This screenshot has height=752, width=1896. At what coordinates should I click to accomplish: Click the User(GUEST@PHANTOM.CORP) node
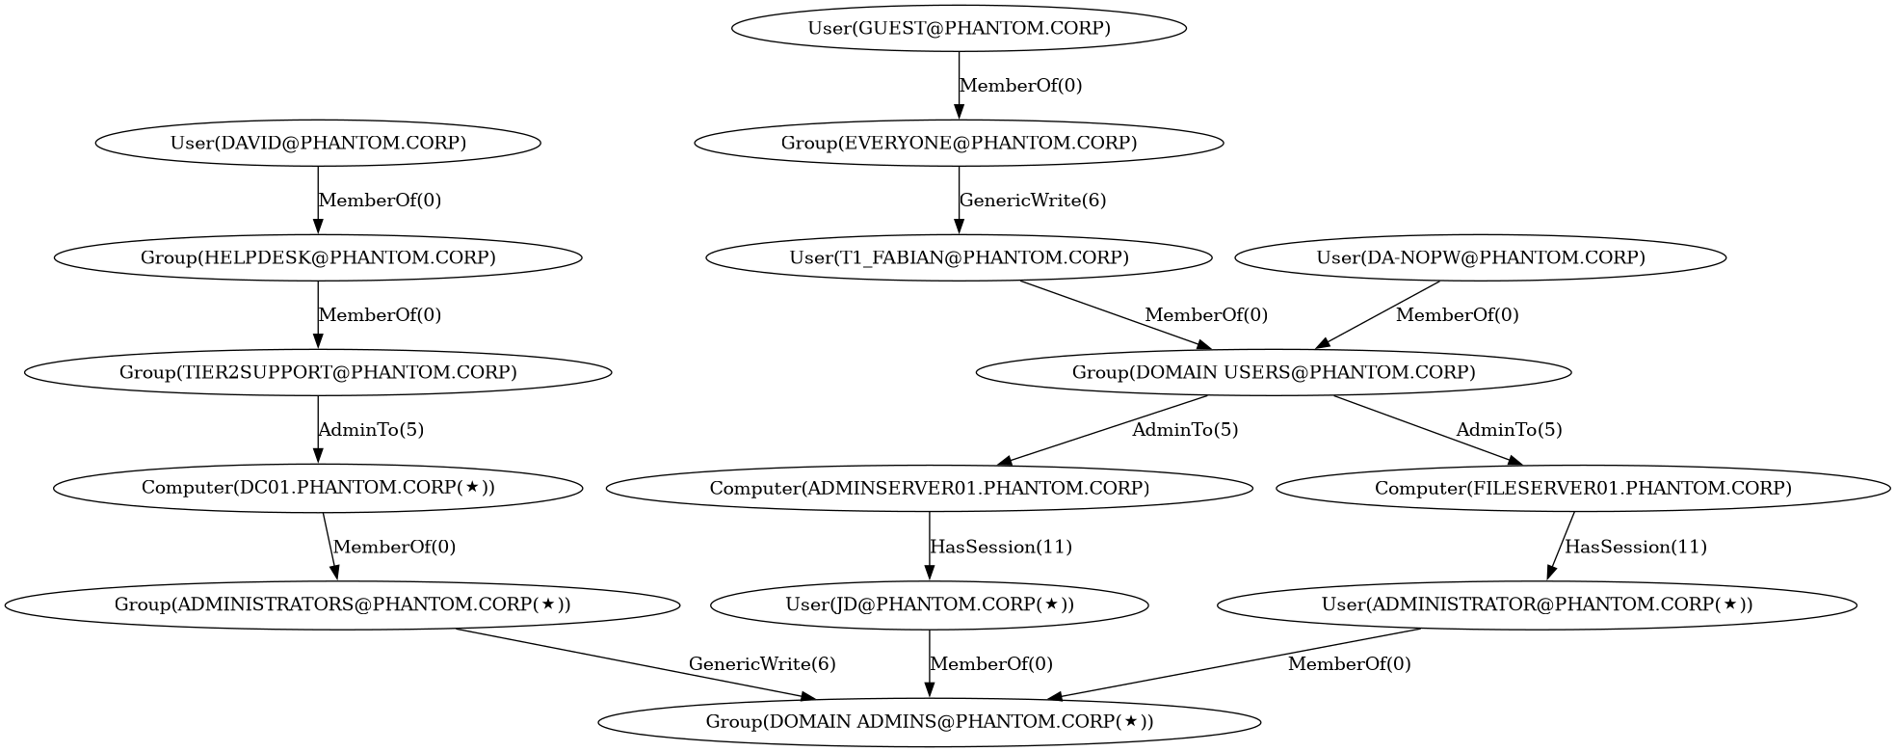pyautogui.click(x=959, y=28)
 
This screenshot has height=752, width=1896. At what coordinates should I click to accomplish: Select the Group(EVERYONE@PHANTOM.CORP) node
pyautogui.click(x=959, y=143)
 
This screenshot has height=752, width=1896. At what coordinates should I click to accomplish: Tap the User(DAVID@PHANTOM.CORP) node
pyautogui.click(x=318, y=143)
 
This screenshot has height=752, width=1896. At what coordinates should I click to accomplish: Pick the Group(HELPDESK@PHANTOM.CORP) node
pyautogui.click(x=318, y=257)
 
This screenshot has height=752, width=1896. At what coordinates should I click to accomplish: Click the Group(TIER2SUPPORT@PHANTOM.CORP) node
pyautogui.click(x=318, y=372)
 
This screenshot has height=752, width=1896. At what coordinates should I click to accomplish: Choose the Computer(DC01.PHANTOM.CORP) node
pyautogui.click(x=318, y=488)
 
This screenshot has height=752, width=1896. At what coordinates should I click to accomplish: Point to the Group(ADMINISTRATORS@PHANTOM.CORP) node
pyautogui.click(x=342, y=605)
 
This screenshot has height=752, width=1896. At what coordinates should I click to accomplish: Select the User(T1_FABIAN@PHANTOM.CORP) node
pyautogui.click(x=959, y=257)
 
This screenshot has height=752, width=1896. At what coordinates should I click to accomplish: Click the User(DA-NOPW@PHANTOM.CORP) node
pyautogui.click(x=1481, y=257)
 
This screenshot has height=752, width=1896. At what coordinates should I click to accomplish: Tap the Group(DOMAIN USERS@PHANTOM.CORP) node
pyautogui.click(x=1274, y=372)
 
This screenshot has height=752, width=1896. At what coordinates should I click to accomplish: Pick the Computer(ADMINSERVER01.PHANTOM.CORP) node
pyautogui.click(x=930, y=488)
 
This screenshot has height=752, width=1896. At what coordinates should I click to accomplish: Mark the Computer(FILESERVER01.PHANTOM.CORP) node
pyautogui.click(x=1583, y=488)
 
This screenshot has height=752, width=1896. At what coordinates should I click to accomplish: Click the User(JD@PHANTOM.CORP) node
pyautogui.click(x=930, y=605)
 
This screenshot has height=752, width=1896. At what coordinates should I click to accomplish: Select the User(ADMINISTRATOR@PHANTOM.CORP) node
pyautogui.click(x=1537, y=605)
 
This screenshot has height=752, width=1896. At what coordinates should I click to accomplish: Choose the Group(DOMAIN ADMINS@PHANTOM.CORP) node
pyautogui.click(x=930, y=721)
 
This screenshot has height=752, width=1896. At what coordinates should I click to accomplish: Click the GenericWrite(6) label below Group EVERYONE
pyautogui.click(x=1033, y=201)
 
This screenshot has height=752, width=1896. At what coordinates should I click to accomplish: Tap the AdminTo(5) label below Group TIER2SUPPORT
pyautogui.click(x=371, y=430)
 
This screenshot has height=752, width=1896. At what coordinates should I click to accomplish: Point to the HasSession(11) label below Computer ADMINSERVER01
pyautogui.click(x=1001, y=547)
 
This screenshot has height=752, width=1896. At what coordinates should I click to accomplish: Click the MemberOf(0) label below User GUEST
pyautogui.click(x=1021, y=86)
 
